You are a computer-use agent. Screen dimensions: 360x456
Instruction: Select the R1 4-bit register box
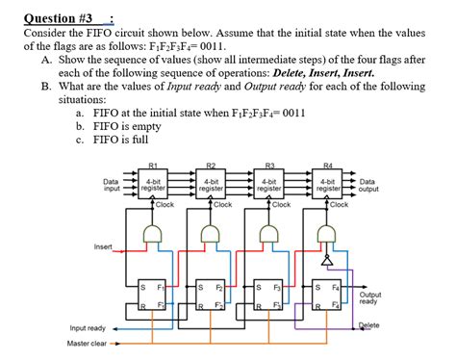(154, 184)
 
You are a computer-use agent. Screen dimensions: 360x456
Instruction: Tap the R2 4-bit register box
(212, 184)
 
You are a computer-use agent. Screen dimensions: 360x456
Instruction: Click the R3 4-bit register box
(270, 184)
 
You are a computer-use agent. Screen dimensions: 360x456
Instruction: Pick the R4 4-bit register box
(328, 184)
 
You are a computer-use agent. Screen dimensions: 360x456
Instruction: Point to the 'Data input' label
(112, 184)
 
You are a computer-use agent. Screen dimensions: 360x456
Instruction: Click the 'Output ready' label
(369, 298)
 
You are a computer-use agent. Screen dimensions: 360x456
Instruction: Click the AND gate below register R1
(154, 233)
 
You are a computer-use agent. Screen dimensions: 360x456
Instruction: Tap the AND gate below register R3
(270, 233)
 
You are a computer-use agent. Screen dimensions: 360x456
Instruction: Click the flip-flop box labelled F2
(210, 296)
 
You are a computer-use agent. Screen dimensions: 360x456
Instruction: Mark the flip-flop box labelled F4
(328, 296)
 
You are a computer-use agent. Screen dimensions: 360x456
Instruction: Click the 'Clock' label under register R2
(223, 204)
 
